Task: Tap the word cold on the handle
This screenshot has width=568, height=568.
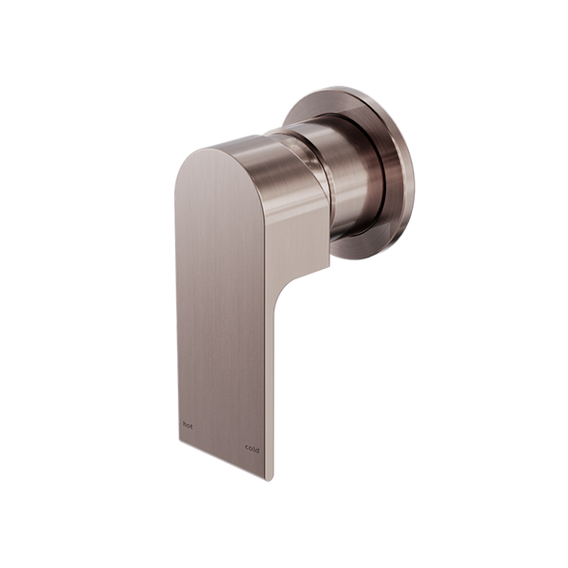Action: pos(251,448)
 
